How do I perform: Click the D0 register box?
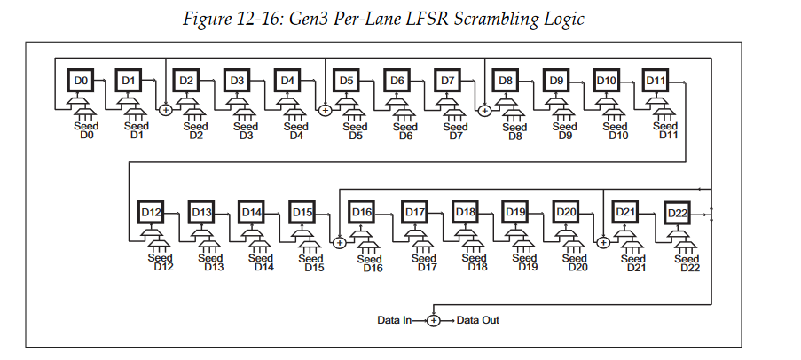(81, 82)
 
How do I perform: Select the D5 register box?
(347, 82)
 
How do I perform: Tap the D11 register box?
(656, 82)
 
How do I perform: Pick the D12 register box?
(151, 213)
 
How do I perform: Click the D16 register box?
(361, 213)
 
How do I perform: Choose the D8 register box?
(507, 82)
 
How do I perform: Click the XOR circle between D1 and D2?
(165, 110)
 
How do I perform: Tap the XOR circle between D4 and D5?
(325, 110)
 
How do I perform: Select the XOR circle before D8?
(484, 110)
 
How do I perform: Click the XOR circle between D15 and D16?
(339, 241)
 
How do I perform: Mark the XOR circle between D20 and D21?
(602, 241)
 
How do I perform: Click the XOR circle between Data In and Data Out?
(434, 320)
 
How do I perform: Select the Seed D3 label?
(246, 131)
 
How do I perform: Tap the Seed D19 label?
(527, 262)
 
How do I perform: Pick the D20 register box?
(566, 213)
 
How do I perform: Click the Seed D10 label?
(615, 131)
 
